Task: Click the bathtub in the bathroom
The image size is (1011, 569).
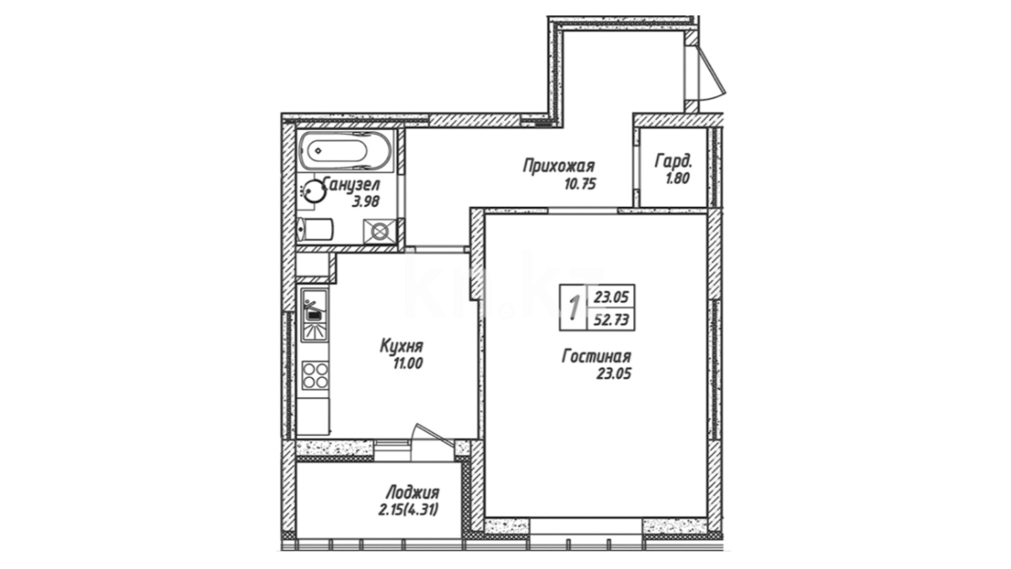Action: tap(345, 151)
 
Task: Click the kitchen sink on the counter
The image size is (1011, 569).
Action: tap(314, 314)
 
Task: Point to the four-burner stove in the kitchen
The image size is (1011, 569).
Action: tap(315, 375)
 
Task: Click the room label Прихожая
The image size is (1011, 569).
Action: tap(559, 166)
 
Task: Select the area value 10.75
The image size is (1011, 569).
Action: tap(579, 184)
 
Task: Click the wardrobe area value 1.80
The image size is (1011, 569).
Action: tap(677, 179)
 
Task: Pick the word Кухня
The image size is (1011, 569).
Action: tap(401, 346)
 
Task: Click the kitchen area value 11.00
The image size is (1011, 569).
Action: tap(407, 364)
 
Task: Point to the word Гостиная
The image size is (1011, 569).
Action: tap(596, 357)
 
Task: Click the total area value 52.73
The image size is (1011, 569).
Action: tap(611, 320)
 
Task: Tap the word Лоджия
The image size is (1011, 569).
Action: tap(412, 493)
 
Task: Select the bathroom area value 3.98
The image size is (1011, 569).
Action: tap(365, 201)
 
